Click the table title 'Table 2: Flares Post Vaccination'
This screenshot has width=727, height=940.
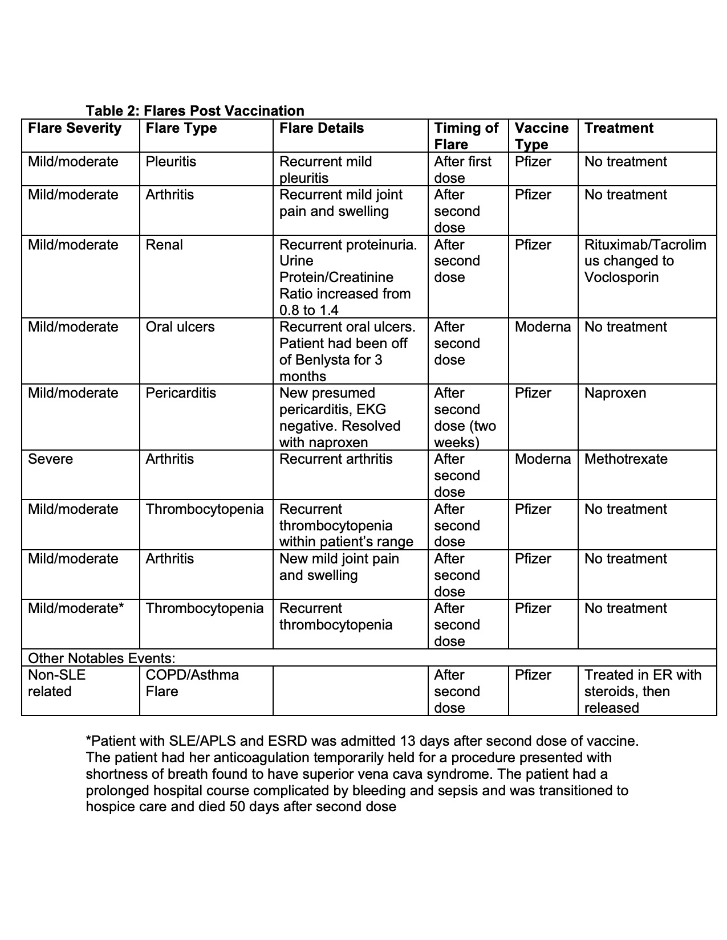click(195, 111)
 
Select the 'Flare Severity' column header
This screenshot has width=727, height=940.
click(75, 128)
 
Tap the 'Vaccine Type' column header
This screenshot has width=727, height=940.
click(541, 136)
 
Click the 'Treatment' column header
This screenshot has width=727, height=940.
click(619, 128)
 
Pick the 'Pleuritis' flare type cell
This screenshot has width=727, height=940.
click(170, 162)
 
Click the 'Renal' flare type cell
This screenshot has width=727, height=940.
click(164, 245)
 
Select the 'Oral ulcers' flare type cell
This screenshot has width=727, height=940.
click(180, 327)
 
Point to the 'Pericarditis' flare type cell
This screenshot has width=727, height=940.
click(181, 393)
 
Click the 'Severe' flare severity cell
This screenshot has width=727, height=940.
click(50, 459)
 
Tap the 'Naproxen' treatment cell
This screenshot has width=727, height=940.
click(615, 393)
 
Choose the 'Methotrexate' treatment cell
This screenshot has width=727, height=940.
click(626, 459)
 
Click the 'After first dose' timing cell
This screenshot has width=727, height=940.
click(462, 170)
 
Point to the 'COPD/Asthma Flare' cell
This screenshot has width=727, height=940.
click(192, 683)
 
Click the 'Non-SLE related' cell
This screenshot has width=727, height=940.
click(56, 683)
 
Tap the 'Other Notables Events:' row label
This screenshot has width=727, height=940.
click(101, 659)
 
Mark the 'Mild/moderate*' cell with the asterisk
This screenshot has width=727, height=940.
click(76, 608)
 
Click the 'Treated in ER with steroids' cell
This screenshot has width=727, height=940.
click(643, 691)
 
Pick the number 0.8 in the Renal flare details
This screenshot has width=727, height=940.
click(289, 310)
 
